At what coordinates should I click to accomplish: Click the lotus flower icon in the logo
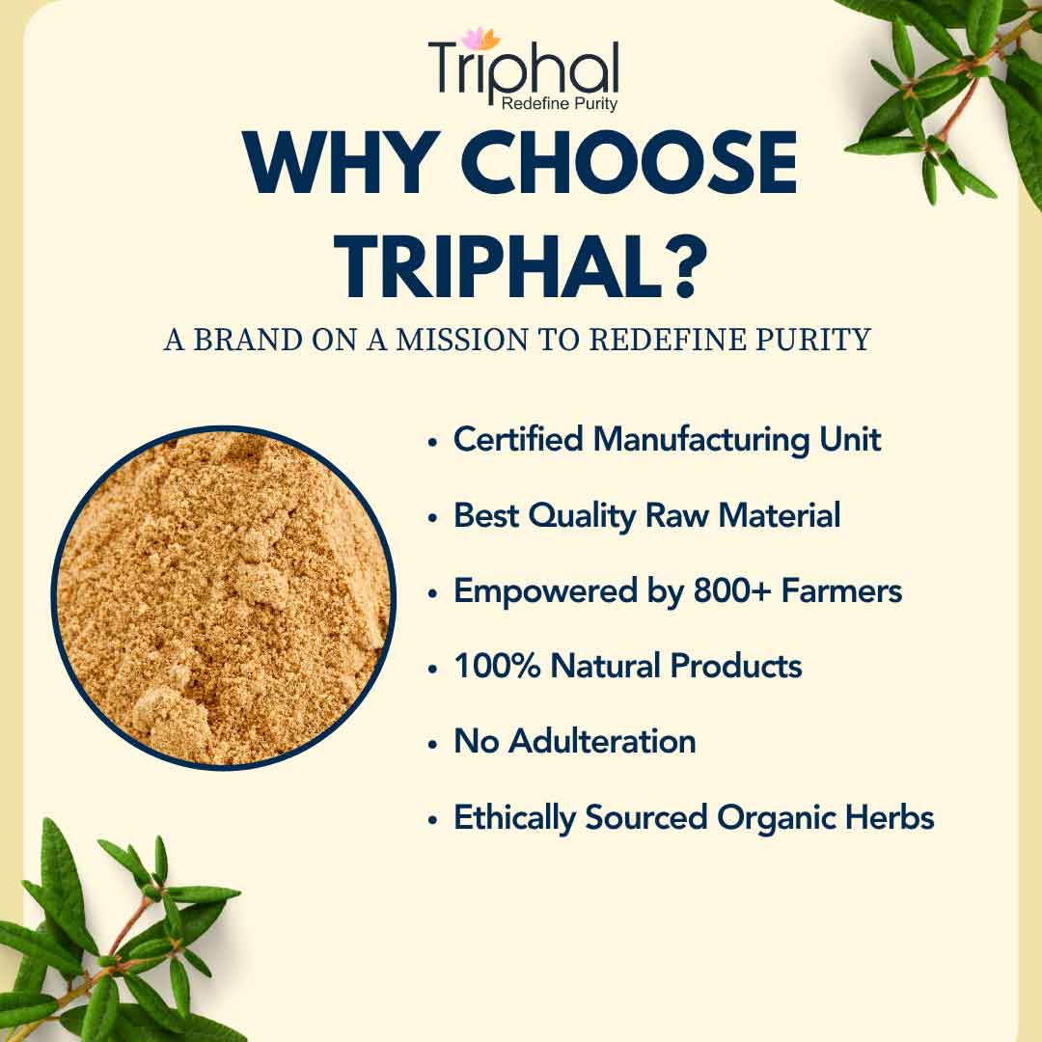pyautogui.click(x=480, y=39)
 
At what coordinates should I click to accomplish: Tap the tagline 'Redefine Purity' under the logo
pyautogui.click(x=559, y=103)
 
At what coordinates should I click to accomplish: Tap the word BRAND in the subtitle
pyautogui.click(x=247, y=340)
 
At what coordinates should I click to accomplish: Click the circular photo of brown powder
pyautogui.click(x=224, y=598)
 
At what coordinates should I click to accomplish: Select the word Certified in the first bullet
pyautogui.click(x=518, y=439)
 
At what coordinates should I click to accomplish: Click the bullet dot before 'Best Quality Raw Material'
pyautogui.click(x=433, y=518)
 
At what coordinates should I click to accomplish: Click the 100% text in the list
pyautogui.click(x=497, y=666)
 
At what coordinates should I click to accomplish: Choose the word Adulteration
pyautogui.click(x=602, y=741)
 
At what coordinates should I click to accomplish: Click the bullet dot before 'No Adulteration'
pyautogui.click(x=433, y=744)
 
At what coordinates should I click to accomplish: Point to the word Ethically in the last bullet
pyautogui.click(x=514, y=818)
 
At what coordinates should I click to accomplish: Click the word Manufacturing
pyautogui.click(x=700, y=440)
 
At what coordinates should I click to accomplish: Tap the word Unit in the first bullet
pyautogui.click(x=850, y=439)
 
